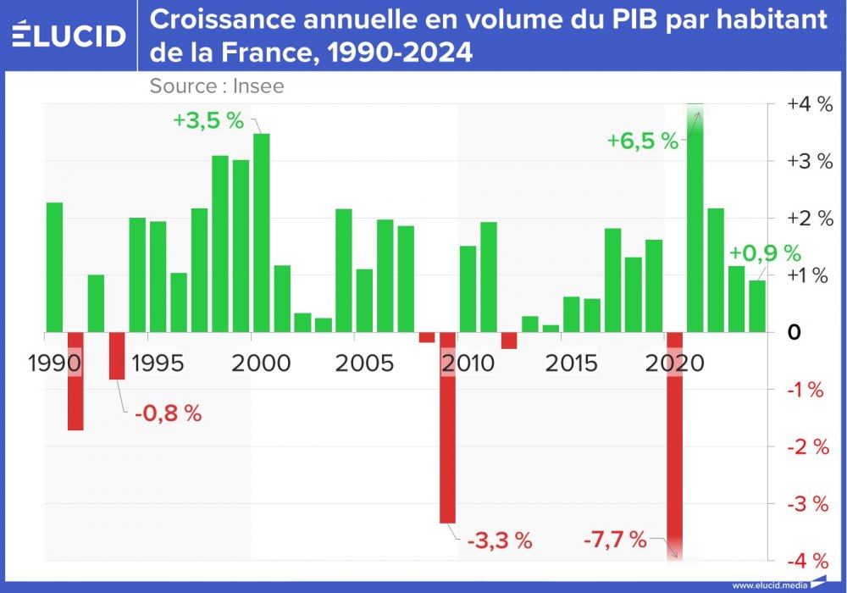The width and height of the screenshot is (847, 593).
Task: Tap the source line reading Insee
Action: (217, 86)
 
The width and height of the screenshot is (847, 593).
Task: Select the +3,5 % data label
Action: (208, 120)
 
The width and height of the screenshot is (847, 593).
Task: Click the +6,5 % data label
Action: (643, 141)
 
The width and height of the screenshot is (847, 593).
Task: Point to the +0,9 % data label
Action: (765, 252)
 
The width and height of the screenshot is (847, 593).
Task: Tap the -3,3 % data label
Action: (499, 540)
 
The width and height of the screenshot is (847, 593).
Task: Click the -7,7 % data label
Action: (615, 539)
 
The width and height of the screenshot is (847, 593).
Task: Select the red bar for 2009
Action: (447, 428)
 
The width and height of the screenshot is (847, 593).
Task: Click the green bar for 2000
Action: (262, 232)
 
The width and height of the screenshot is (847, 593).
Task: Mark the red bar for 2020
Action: (675, 445)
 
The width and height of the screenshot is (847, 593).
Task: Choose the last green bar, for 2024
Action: (757, 306)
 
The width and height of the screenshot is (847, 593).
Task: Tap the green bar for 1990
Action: (54, 267)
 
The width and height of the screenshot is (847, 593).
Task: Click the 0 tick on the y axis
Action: (794, 332)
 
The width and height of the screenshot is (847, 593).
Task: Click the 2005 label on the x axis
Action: (364, 363)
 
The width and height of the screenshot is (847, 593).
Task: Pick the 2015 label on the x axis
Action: (572, 363)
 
